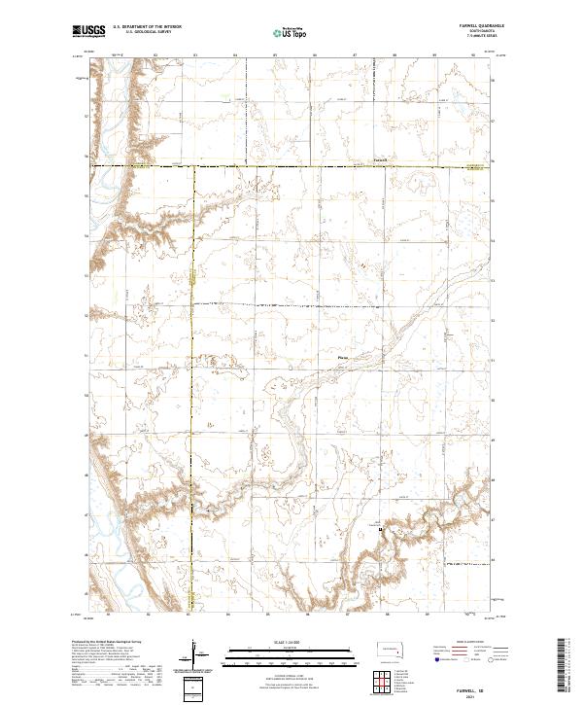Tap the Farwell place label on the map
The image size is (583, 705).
pyautogui.click(x=380, y=160)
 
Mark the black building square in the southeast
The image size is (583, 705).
pyautogui.click(x=381, y=530)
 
